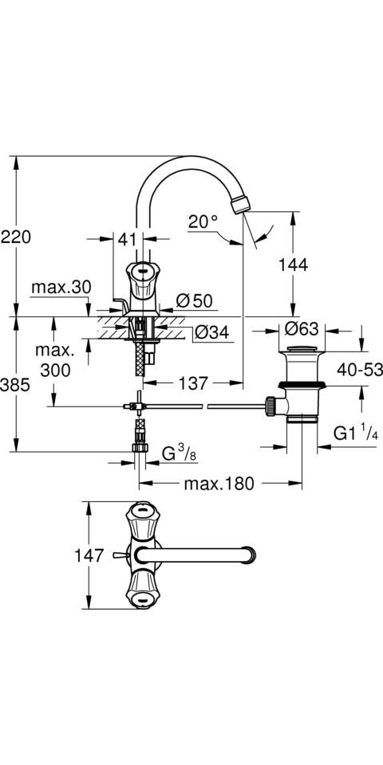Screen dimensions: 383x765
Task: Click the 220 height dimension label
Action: tap(16, 237)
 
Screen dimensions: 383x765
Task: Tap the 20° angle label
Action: tap(203, 222)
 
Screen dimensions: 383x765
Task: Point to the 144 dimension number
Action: tap(293, 265)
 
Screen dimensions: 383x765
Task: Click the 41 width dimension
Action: tap(127, 239)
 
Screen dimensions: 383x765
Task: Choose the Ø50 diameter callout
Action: tap(195, 301)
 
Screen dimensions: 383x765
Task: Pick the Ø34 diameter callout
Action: tap(211, 333)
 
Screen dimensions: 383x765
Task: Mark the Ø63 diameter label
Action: tap(301, 329)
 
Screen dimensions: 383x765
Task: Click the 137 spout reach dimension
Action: tap(193, 383)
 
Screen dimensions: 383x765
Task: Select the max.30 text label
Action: tap(61, 288)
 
